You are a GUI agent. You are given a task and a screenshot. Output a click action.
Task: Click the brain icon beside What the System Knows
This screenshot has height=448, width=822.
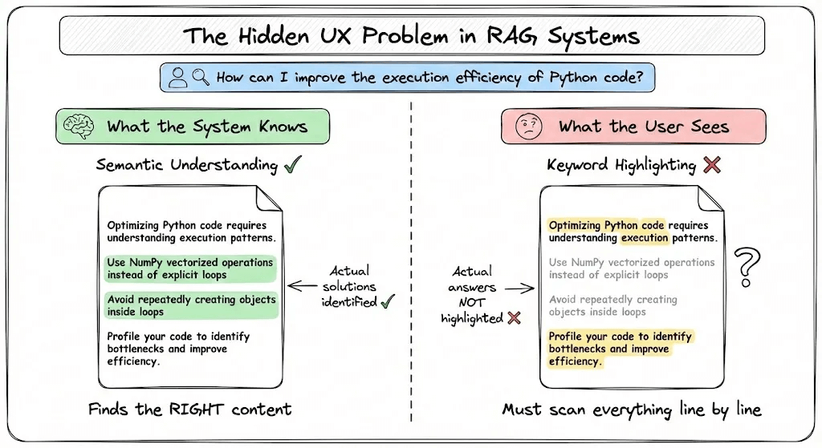[79, 126]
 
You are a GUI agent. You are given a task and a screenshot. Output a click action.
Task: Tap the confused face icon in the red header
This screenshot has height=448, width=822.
[527, 126]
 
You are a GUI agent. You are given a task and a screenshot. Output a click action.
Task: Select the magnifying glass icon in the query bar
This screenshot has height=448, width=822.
[200, 77]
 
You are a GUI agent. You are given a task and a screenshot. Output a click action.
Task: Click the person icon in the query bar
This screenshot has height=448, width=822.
[179, 77]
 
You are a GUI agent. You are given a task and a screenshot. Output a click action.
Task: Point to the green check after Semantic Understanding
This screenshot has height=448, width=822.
[293, 165]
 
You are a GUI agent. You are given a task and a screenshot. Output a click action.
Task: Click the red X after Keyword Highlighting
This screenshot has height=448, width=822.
[711, 165]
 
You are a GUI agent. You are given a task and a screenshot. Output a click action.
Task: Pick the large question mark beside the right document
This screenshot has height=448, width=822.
[747, 267]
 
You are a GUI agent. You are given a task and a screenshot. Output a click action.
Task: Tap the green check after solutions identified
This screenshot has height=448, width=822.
[388, 301]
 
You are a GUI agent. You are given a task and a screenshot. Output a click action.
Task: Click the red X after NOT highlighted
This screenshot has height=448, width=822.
[514, 318]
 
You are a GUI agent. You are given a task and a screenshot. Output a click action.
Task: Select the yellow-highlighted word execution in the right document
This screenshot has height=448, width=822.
[645, 238]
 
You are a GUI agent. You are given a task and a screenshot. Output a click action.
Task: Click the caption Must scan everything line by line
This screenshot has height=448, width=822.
[631, 410]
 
